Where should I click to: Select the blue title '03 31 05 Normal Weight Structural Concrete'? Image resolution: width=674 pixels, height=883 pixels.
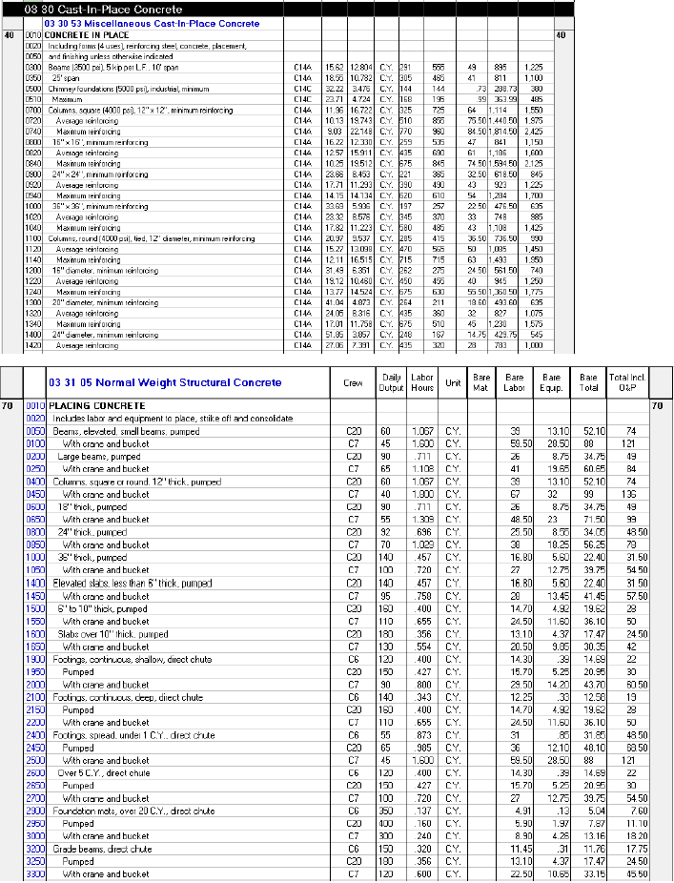click(164, 382)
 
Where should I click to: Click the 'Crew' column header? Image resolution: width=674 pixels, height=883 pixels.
click(352, 382)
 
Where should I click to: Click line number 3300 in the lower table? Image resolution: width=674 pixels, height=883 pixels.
click(34, 873)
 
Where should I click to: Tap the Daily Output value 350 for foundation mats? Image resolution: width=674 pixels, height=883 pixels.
click(386, 811)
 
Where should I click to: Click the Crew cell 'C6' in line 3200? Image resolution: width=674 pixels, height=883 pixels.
click(352, 849)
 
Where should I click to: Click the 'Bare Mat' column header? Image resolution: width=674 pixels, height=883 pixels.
click(481, 382)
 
